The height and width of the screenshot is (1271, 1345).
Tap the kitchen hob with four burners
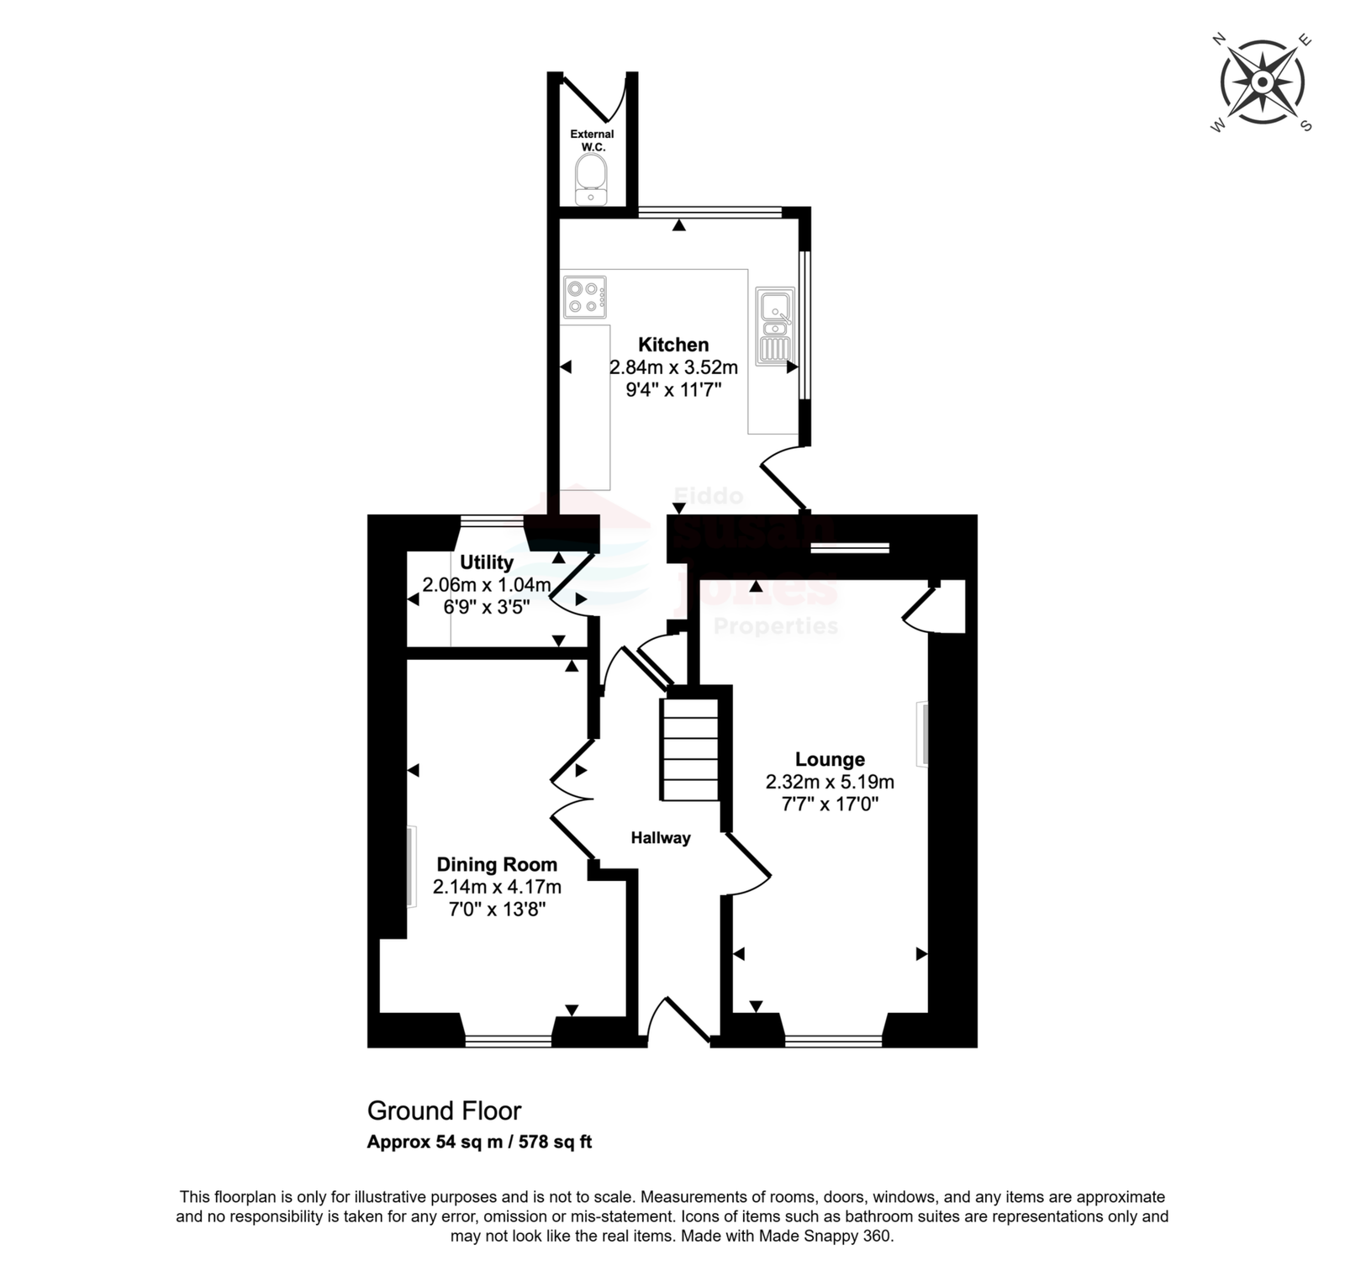[x=585, y=298]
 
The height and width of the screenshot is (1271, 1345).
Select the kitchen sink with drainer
[x=775, y=326]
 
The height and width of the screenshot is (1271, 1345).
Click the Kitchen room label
[x=673, y=345]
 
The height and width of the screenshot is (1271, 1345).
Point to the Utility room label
[x=487, y=562]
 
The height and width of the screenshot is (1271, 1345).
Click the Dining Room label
[x=497, y=865]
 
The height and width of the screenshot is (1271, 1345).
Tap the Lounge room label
[x=830, y=760]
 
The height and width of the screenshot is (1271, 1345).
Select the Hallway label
[x=661, y=838]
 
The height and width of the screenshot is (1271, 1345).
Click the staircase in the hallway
[x=691, y=749]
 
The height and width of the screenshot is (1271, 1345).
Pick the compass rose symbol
[x=1262, y=82]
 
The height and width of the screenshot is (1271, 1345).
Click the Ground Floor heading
[x=445, y=1111]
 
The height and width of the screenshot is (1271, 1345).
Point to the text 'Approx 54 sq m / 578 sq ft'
[x=479, y=1142]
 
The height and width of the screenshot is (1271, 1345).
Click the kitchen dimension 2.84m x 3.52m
[x=673, y=367]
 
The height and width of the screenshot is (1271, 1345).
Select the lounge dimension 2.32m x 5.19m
[x=830, y=783]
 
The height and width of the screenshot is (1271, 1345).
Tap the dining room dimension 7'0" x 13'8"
[x=497, y=909]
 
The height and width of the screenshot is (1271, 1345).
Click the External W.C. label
[x=593, y=140]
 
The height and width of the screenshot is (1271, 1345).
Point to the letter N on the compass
[x=1218, y=39]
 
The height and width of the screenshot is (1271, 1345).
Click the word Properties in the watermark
[x=776, y=626]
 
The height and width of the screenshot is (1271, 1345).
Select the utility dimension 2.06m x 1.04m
[x=487, y=585]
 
